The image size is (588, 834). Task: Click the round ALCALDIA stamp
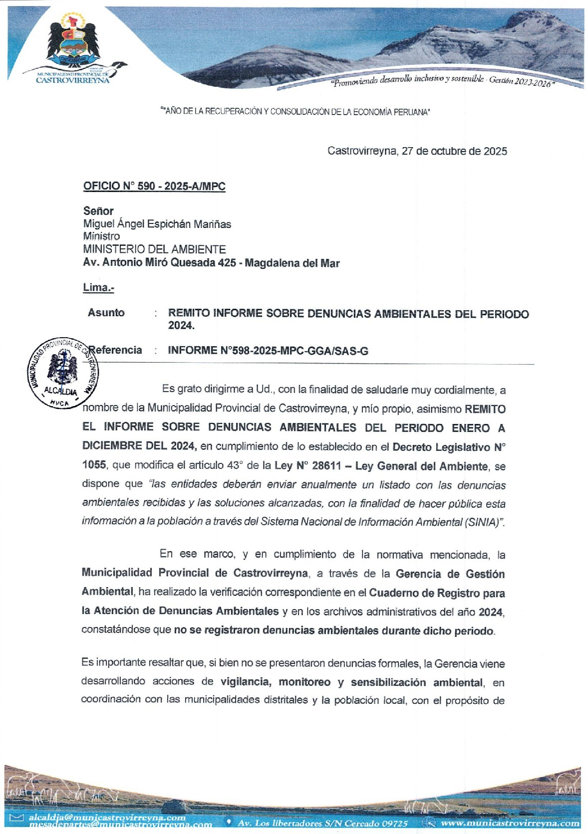click(62, 372)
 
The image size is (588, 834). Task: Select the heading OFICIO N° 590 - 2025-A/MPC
click(154, 187)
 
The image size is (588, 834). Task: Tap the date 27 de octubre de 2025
click(454, 151)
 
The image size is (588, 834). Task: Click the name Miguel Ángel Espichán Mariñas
click(157, 224)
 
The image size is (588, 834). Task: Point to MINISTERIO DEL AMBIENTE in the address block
click(154, 249)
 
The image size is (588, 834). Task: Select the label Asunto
click(106, 313)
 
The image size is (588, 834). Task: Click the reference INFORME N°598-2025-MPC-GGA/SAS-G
click(268, 351)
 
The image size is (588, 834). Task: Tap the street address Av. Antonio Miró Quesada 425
click(159, 262)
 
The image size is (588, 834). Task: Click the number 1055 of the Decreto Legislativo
click(94, 465)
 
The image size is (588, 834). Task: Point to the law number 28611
click(326, 465)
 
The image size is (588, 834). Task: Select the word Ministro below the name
click(101, 236)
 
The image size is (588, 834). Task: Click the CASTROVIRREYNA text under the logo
click(73, 80)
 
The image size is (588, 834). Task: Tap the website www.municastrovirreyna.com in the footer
click(510, 823)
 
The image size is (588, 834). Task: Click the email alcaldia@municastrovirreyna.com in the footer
click(107, 818)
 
